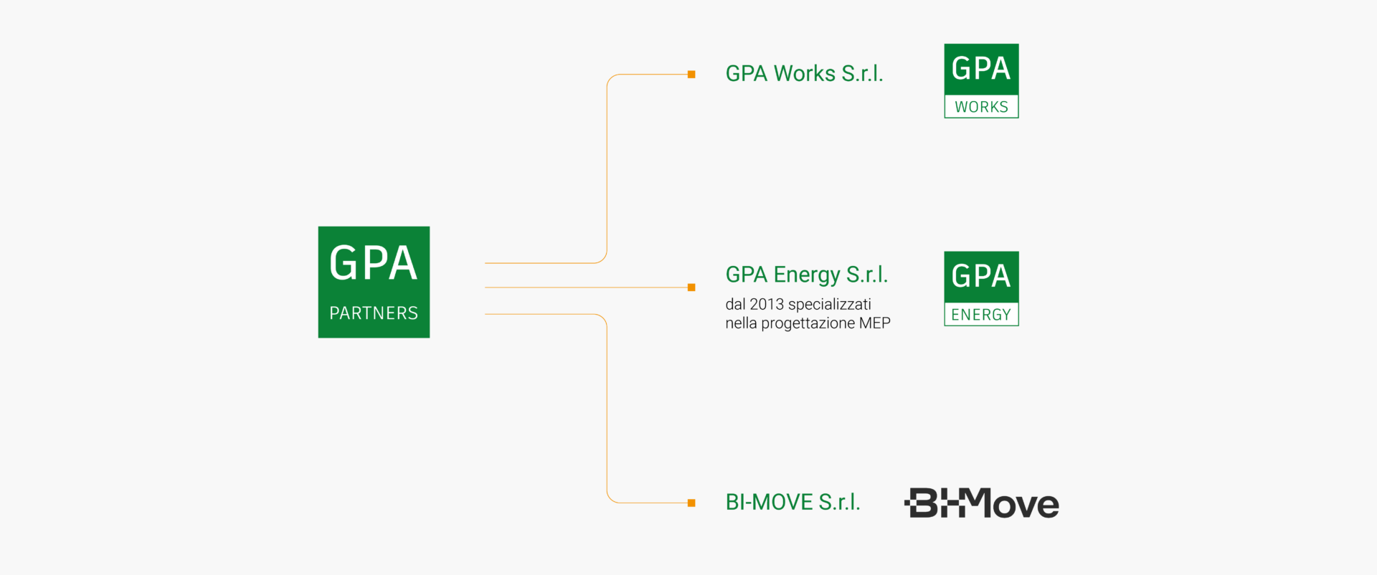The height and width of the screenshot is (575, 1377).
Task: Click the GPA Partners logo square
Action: (374, 282)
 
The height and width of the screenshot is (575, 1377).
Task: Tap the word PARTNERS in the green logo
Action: (374, 313)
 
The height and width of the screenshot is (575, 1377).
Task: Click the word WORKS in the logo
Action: (981, 107)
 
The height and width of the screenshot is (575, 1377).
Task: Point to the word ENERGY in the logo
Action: (981, 315)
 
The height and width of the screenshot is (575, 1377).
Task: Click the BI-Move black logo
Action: (981, 503)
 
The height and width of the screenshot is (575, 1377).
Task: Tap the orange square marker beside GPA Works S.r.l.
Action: (691, 75)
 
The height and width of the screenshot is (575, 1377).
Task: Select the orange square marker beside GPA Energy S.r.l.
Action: (691, 287)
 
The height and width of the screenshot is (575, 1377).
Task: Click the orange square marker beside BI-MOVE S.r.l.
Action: (691, 503)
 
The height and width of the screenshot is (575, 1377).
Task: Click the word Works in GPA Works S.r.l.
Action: (804, 73)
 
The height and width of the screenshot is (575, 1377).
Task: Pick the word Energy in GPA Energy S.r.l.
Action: (806, 275)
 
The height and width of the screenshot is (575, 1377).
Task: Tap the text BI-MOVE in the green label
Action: (769, 502)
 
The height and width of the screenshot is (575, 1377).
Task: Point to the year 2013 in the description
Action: (767, 304)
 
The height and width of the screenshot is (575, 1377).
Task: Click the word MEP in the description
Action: (874, 323)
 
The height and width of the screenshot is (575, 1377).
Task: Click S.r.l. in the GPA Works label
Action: (862, 73)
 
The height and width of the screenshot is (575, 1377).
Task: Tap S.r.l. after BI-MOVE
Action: (839, 502)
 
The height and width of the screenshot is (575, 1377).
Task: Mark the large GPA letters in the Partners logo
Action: (373, 263)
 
